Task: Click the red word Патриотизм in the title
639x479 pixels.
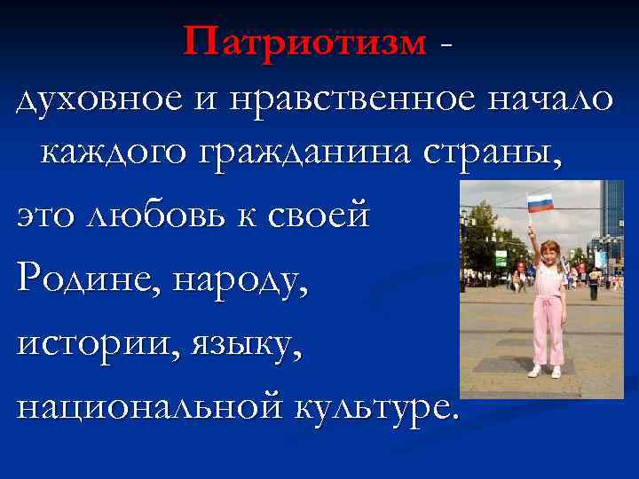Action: click(x=305, y=40)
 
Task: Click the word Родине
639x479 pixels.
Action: click(x=84, y=284)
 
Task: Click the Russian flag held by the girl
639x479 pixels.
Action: click(x=540, y=203)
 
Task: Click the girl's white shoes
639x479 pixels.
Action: click(x=545, y=372)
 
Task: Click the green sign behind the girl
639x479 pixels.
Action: click(x=500, y=257)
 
